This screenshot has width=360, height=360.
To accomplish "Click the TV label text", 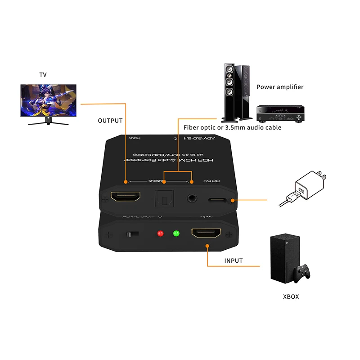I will click(43, 75).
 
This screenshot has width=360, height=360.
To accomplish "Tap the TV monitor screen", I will click(48, 101).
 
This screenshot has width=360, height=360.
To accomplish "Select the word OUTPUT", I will click(110, 121).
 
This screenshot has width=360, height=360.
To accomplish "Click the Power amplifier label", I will click(280, 87).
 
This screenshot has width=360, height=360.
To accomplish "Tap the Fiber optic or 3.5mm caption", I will click(233, 127).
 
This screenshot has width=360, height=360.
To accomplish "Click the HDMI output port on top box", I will click(126, 197).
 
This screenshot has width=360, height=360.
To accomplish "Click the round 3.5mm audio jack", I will click(193, 198).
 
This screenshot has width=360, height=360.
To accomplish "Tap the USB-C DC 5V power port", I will click(217, 199).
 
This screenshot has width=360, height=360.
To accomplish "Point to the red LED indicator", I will click(160, 234).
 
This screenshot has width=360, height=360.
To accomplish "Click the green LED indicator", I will click(176, 234).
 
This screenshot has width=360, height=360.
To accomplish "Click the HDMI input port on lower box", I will click(207, 233).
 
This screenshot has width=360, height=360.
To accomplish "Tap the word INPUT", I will click(234, 261).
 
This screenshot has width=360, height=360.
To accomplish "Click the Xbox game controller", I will click(301, 273).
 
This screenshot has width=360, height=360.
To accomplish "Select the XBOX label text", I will click(291, 297).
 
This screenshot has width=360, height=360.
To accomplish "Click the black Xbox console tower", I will click(282, 257).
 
